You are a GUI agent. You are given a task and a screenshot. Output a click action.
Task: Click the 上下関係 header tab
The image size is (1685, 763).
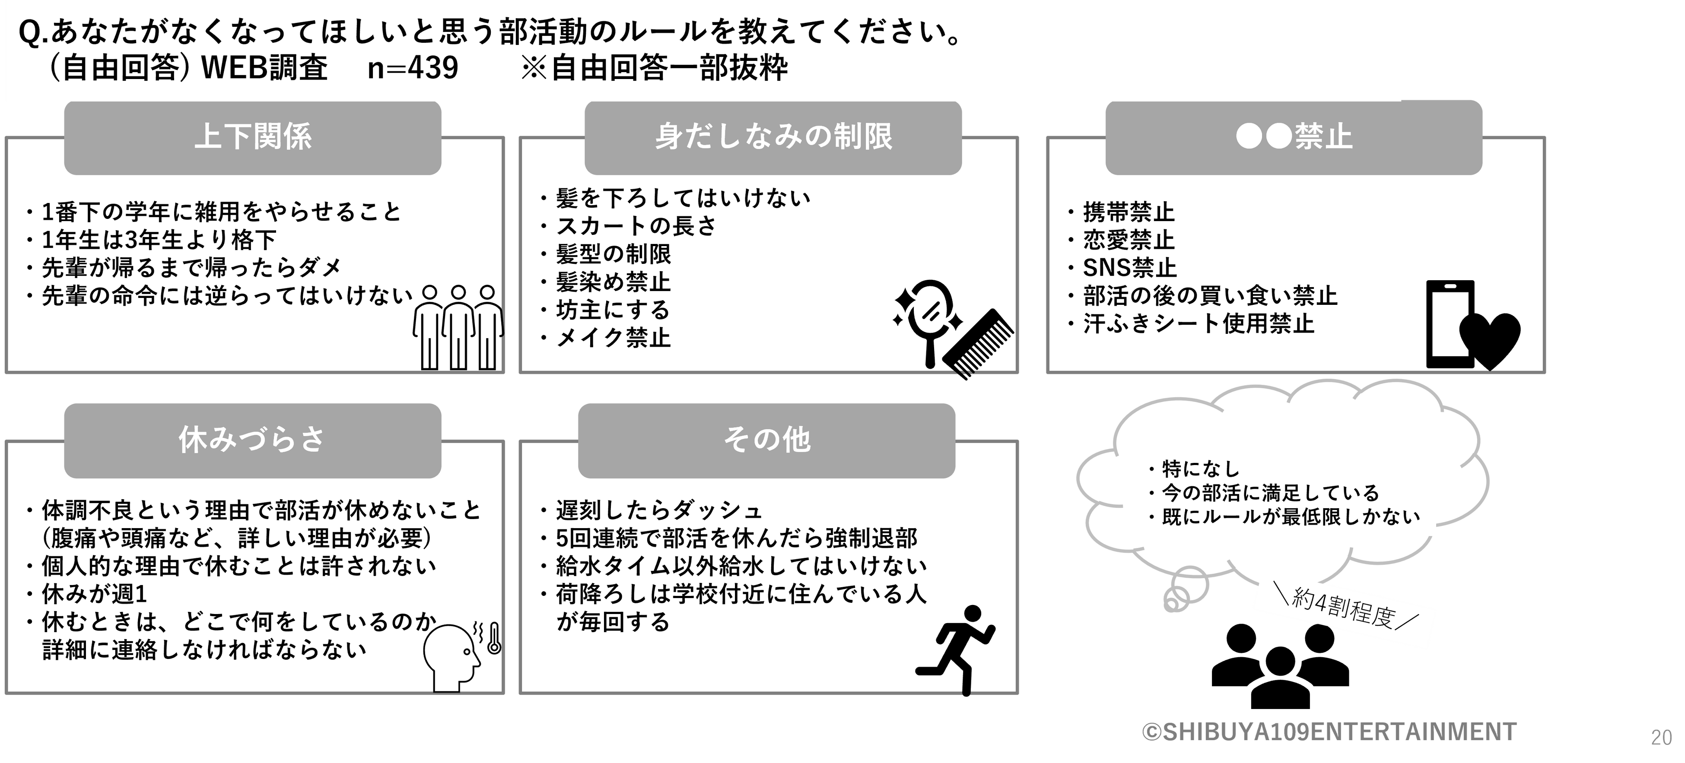(252, 138)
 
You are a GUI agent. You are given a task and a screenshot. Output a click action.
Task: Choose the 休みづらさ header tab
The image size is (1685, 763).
(252, 440)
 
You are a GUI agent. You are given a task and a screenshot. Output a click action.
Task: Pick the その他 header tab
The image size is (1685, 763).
(766, 440)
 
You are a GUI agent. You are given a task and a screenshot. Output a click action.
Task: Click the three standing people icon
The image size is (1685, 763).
(458, 327)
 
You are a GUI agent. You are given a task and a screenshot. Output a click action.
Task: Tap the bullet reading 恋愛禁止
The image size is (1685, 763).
(1129, 241)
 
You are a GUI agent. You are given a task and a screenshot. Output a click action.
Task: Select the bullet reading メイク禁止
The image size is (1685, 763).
(613, 339)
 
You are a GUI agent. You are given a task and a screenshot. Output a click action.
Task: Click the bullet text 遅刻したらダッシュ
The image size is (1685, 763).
(659, 510)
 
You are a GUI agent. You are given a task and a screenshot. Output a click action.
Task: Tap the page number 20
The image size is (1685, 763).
(1661, 737)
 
